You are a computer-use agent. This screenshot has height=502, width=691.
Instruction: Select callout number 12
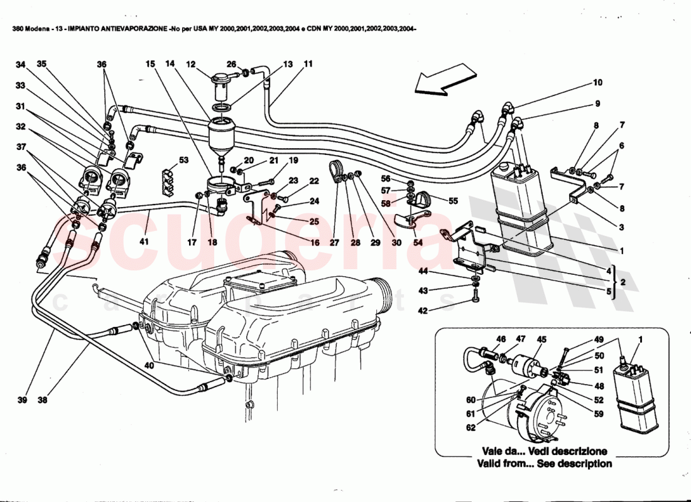point(191,63)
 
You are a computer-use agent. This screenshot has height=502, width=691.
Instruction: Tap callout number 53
point(184,160)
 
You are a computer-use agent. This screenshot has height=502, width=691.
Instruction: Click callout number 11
point(308,63)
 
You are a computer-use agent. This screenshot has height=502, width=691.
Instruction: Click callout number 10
point(597,82)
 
